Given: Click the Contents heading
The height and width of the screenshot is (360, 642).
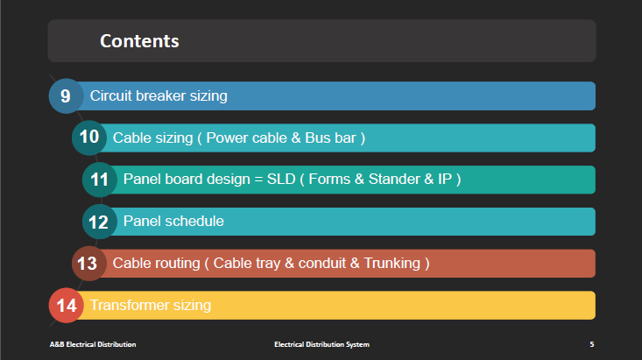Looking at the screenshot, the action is click(139, 41).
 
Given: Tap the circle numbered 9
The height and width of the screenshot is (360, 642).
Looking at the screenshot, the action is click(67, 95).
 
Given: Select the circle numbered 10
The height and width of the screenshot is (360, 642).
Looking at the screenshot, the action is click(89, 138).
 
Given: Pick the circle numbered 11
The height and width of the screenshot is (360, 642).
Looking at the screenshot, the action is click(100, 180).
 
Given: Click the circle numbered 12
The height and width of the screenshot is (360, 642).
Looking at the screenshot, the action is click(100, 222).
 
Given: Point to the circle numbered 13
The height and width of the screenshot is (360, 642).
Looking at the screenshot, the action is click(89, 264).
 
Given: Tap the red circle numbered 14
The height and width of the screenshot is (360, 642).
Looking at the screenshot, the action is click(67, 305).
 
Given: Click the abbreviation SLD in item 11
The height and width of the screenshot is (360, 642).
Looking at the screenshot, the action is click(281, 179).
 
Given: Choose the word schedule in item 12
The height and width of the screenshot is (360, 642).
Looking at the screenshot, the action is click(198, 221).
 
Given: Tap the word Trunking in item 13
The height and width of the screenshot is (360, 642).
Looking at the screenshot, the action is click(392, 263).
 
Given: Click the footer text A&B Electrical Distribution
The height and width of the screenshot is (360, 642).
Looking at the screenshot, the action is click(93, 344).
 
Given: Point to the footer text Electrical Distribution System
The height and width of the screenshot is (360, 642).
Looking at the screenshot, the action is click(321, 344).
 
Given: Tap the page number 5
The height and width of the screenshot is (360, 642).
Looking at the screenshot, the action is click(592, 344).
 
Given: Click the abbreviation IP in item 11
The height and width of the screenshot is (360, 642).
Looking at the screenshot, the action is click(445, 179).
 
